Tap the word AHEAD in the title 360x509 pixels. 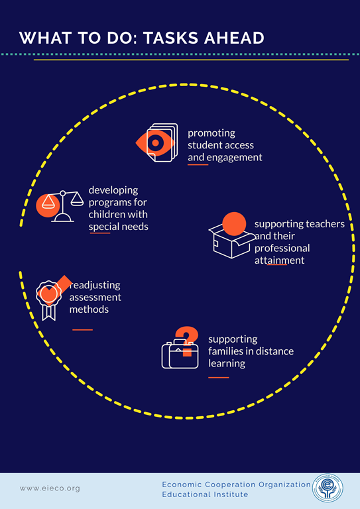(234, 38)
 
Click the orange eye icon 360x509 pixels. (155, 142)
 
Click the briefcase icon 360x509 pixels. (180, 354)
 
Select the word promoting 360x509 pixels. (211, 133)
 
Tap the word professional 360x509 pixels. (282, 249)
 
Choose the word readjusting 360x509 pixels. (95, 286)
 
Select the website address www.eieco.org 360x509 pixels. (50, 488)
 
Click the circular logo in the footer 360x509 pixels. (328, 488)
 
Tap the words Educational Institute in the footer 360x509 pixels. (205, 494)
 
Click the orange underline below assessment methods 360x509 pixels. (82, 330)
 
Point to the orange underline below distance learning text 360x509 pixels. (219, 378)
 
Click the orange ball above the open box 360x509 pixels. (234, 224)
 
